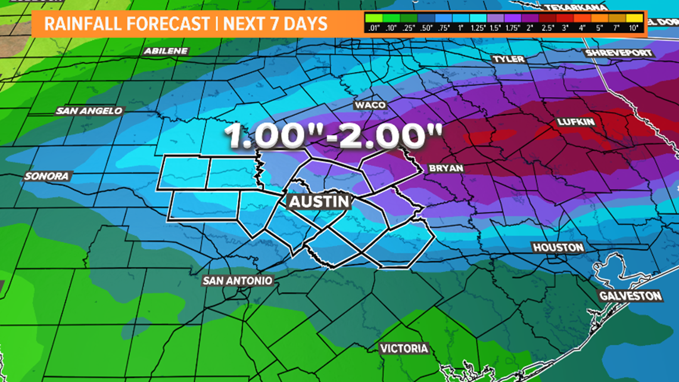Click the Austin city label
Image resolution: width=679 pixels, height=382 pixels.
pos(319,201)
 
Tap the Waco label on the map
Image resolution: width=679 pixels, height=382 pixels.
pos(370,105)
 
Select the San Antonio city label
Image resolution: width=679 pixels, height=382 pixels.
pos(238,281)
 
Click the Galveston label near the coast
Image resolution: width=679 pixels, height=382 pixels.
pos(631,296)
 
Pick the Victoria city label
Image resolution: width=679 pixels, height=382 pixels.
pos(404,348)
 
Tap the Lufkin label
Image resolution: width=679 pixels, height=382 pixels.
pos(576,122)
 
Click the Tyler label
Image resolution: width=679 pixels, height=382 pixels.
pos(509,59)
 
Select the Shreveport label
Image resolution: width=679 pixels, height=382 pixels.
pos(619,53)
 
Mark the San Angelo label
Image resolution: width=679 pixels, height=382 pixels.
pos(89,111)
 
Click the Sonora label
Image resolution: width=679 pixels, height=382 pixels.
pos(47,176)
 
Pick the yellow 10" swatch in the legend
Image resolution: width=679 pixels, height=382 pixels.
pos(634,17)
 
